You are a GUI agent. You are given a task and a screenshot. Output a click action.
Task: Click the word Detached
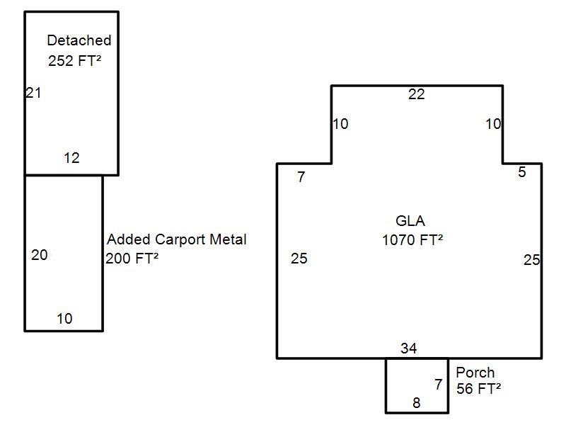tap(79, 40)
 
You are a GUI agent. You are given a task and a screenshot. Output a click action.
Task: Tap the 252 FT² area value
tap(74, 60)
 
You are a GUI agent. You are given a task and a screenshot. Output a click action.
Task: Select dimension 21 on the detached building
tap(33, 92)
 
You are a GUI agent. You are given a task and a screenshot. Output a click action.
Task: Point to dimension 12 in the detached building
tap(71, 158)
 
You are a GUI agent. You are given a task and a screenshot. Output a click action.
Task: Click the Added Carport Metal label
tap(177, 239)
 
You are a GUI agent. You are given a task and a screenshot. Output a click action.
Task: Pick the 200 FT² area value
tap(132, 259)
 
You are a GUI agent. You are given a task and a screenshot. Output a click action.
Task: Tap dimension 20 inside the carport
tap(40, 255)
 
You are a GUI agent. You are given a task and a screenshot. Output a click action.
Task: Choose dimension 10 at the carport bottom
tap(64, 319)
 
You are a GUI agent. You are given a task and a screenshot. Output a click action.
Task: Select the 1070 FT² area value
tap(412, 239)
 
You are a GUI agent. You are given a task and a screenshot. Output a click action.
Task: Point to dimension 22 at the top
tap(417, 94)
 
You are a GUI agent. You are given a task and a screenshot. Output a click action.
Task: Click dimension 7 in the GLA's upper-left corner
tap(301, 177)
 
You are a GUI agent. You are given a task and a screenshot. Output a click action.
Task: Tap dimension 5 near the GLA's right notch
tap(522, 172)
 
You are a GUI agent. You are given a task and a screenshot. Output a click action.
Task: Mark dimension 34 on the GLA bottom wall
tap(408, 348)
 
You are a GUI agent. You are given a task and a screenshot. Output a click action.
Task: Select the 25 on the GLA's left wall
tap(299, 259)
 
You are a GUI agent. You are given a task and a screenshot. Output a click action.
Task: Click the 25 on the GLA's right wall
tap(531, 260)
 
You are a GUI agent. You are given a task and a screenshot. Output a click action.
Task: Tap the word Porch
tap(475, 373)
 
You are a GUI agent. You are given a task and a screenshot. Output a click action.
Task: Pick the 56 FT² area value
tap(479, 388)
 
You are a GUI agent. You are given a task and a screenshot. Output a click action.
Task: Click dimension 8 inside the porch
tap(416, 403)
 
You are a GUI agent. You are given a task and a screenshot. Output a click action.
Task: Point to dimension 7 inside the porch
tap(439, 385)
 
